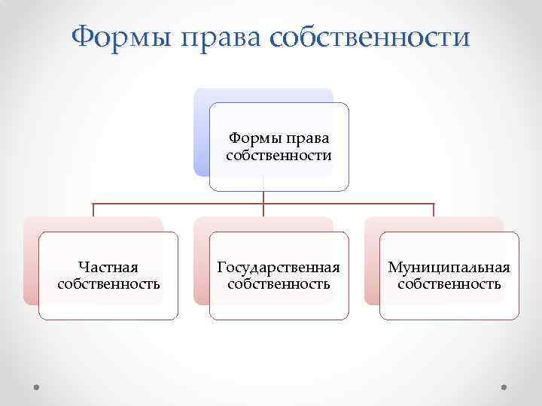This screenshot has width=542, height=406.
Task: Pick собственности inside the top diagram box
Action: point(279,156)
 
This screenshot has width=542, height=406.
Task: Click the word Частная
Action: point(108,267)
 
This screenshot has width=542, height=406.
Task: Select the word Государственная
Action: point(279,267)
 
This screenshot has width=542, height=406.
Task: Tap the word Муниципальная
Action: point(449,267)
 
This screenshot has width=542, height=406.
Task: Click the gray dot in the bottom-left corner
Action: point(36,388)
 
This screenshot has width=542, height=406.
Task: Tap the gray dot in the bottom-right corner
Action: point(505,388)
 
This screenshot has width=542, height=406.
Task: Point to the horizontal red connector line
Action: point(181,204)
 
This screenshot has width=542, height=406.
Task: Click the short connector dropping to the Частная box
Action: point(93,210)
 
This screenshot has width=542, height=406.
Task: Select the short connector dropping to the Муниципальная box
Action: point(434,210)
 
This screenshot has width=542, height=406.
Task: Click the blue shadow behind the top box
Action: point(201,135)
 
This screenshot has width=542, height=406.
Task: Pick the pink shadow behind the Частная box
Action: point(31,263)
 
